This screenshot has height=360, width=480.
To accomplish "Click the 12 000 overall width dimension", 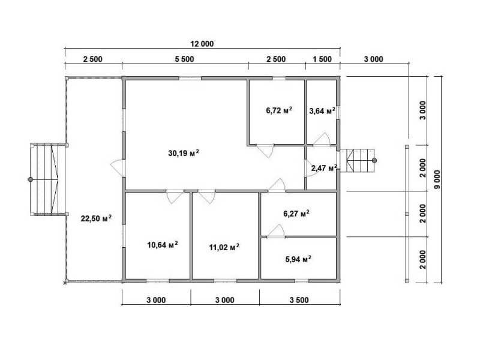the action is (202, 44).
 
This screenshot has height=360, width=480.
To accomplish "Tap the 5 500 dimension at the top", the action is (184, 59).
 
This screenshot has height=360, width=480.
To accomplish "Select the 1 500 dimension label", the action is (322, 59).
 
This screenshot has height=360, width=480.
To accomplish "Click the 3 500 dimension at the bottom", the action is (299, 300).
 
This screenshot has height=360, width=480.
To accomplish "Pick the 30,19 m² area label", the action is (184, 152).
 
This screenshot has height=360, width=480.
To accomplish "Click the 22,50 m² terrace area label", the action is (96, 218).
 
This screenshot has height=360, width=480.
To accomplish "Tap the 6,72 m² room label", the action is (279, 110).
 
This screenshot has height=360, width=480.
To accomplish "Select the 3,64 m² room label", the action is (322, 110).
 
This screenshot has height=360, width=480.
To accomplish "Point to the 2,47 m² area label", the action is (324, 168).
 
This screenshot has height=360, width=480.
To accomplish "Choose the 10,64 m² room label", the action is (163, 245).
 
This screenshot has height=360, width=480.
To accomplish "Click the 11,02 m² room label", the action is (224, 247).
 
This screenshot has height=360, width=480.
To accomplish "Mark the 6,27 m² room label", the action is (296, 214).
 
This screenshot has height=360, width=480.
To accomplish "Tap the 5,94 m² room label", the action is (298, 259).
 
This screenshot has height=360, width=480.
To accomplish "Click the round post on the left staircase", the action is (31, 179).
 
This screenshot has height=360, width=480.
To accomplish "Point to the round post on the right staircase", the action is (374, 160).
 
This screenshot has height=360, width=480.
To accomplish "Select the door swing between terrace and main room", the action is (116, 168).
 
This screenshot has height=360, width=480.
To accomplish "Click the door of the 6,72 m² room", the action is (265, 151).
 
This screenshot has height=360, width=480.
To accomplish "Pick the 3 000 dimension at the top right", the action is (373, 59).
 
